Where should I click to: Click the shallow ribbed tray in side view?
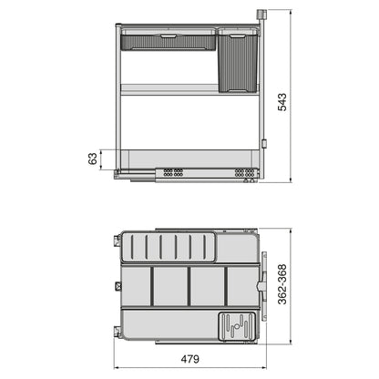169,41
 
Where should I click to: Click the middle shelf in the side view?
169,89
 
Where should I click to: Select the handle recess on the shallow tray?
169,33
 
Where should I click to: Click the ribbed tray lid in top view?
169,247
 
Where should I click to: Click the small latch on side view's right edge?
264,141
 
